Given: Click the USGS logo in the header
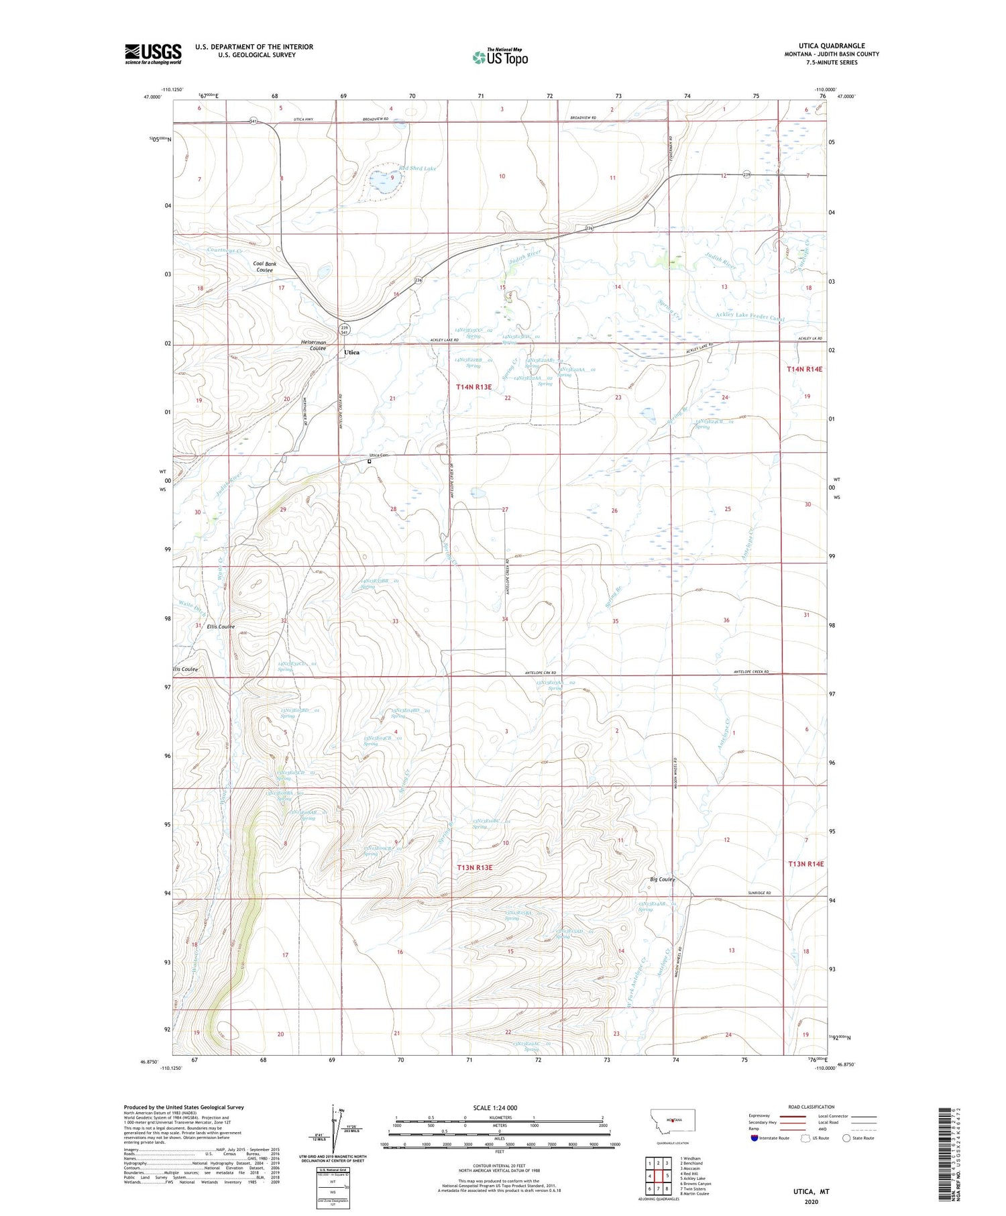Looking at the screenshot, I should (x=152, y=54).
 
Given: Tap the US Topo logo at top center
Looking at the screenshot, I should (x=500, y=58).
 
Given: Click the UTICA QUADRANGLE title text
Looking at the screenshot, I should (x=831, y=46).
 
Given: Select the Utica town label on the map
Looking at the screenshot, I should (x=351, y=352).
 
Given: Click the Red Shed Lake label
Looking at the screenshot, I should (x=417, y=168).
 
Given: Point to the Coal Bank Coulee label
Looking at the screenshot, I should (x=265, y=267).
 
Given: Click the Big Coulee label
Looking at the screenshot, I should (x=662, y=879).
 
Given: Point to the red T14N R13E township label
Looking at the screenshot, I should (x=473, y=387).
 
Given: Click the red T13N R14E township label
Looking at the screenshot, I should (x=805, y=864).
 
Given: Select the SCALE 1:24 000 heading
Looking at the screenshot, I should (x=494, y=1107).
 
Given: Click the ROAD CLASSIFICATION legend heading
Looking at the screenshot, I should (x=812, y=1107).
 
